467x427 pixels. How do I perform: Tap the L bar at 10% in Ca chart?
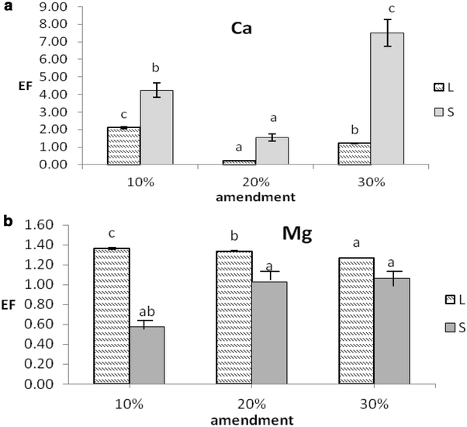123,146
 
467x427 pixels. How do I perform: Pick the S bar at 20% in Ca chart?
272,151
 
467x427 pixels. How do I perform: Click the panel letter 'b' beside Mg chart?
6,220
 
